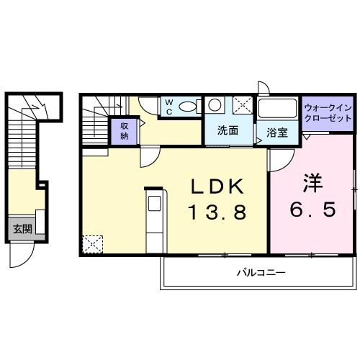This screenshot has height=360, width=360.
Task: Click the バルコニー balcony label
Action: tap(261, 273)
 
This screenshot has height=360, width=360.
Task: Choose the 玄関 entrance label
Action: tap(22, 210)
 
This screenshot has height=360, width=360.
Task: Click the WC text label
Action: tap(168, 107)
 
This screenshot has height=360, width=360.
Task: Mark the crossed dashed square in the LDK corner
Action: tap(91, 225)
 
